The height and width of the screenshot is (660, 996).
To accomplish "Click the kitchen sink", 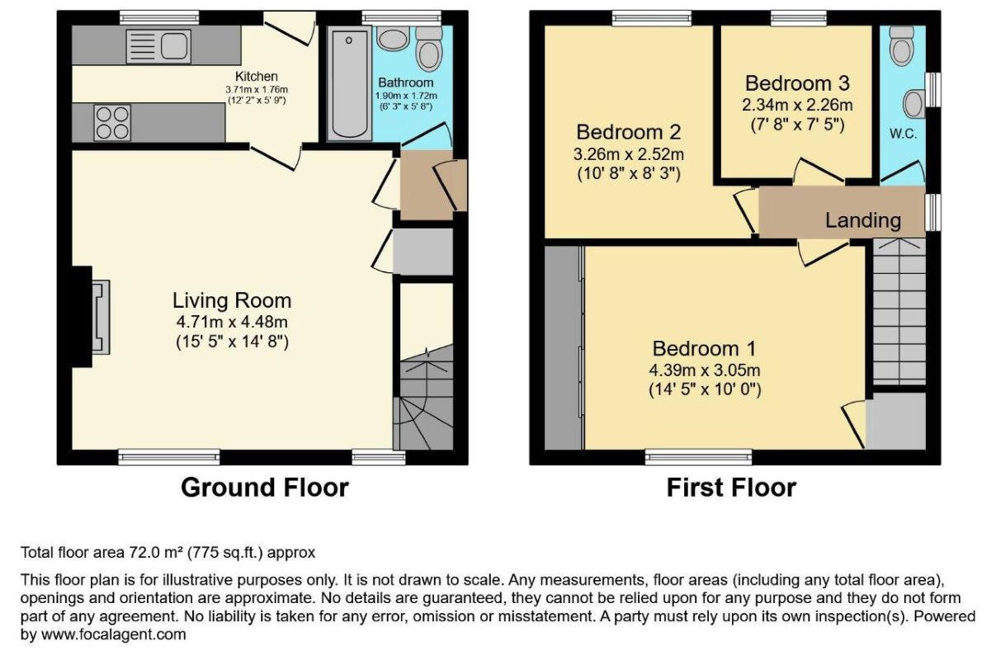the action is point(158,46).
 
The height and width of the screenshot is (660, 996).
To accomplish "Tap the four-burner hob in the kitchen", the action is point(112,123).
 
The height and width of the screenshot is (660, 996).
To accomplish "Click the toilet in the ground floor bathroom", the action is point(429,49).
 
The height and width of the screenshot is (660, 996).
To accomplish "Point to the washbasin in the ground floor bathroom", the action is point(393,38).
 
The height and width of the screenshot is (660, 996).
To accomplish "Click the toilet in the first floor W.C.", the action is point(902,47).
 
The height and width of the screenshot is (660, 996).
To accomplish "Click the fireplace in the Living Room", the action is point(91,317).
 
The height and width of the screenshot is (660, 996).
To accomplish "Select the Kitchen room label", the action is point(257,77).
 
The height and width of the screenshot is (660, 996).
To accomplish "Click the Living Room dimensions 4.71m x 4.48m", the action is point(232,322).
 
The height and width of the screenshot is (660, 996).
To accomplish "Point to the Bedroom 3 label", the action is point(797,83).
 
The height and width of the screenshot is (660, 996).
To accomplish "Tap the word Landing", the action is point(863,220).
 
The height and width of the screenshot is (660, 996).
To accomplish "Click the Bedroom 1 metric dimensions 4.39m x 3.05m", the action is point(705,370).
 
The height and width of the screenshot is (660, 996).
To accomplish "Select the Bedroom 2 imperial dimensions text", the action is point(629,174).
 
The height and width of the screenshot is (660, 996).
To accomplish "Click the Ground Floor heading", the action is point(265,488).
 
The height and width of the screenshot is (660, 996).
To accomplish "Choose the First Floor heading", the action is point(731,488).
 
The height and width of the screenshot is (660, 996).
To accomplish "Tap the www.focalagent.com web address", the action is point(114,634).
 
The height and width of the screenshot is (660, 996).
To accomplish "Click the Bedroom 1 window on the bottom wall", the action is point(699,457).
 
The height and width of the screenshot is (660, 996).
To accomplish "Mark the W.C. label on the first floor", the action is point(903,134).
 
